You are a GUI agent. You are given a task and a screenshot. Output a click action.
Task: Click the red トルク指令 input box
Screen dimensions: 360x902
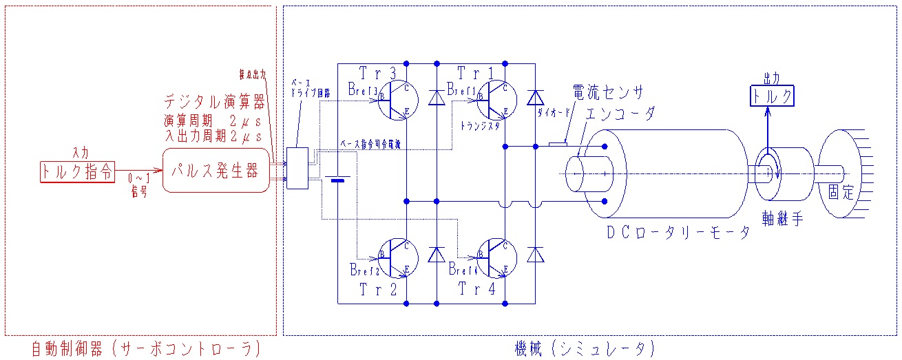point(76,172)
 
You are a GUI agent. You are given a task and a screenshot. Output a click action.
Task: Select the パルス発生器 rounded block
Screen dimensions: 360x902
point(216,170)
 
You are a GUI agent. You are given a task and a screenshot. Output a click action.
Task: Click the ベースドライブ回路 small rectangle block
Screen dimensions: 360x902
point(297,168)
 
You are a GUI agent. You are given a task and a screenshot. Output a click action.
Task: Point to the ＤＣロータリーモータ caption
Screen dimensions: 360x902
point(678,233)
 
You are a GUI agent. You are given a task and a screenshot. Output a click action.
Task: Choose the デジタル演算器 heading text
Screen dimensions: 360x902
point(215,103)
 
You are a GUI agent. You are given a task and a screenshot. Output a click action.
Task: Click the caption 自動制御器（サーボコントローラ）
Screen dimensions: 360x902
point(146,349)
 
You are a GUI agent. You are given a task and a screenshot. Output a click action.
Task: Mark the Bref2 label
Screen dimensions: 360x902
point(364,268)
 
